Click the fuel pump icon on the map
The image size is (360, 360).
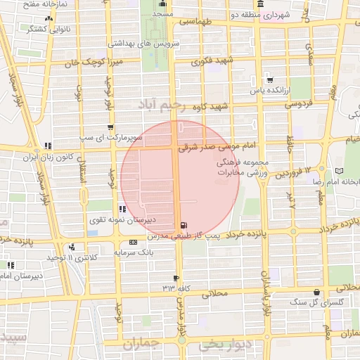click(184, 226)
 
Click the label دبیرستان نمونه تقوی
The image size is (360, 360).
click(122, 220)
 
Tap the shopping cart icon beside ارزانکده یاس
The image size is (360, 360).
click(269, 79)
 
